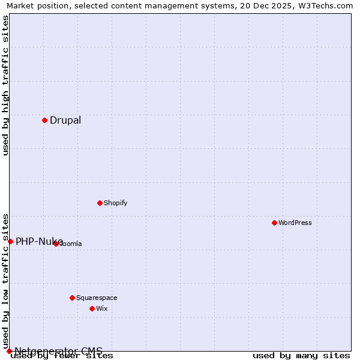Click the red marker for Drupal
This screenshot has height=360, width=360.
[44, 120]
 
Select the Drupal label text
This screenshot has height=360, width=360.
[65, 120]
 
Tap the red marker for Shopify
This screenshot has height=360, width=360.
[100, 203]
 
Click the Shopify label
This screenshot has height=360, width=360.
[115, 203]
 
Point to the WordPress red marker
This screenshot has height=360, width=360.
[274, 223]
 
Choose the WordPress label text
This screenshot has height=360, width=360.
[295, 223]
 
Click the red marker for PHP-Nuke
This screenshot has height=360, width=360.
[10, 241]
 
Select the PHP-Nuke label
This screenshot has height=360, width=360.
[39, 241]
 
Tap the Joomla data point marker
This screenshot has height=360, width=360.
[56, 244]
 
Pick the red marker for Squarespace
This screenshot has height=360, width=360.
[72, 298]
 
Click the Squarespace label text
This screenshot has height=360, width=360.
[97, 298]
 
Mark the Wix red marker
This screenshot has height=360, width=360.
[92, 308]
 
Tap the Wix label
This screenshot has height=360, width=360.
[101, 308]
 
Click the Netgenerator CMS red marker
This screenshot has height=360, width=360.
[9, 351]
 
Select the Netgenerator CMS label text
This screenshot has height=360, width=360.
[58, 351]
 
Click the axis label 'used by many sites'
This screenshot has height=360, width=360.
[301, 356]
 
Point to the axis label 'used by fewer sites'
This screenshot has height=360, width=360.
[62, 356]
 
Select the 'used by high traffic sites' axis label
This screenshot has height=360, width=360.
[6, 85]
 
